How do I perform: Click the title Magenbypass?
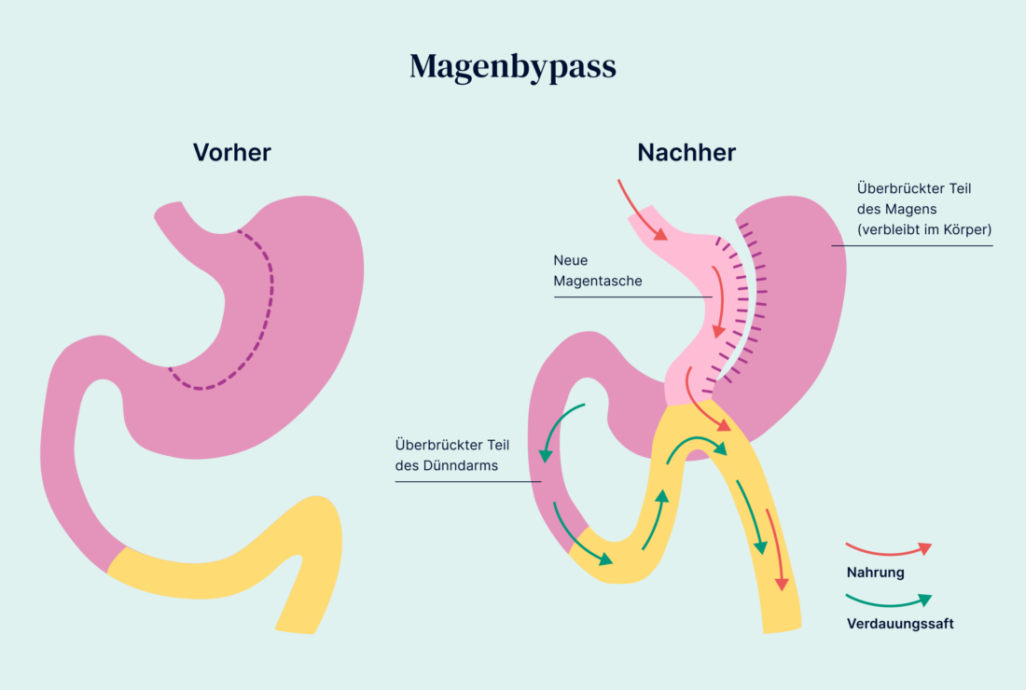coord(512,67)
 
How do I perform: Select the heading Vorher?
coord(231,152)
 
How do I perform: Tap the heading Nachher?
coord(686,152)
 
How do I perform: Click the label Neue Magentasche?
coord(598,270)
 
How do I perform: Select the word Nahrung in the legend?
coord(875,573)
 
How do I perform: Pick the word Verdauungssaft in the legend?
coord(899,624)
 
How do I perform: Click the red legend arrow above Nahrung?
coord(888,548)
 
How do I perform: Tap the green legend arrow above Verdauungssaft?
coord(888,600)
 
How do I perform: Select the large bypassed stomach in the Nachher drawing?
coord(802,308)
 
